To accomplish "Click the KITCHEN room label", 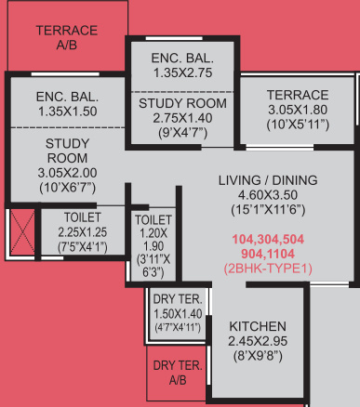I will [259, 326].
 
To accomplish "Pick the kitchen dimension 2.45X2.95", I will [259, 341].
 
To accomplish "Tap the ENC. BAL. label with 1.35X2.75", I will [183, 59].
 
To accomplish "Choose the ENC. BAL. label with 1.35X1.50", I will [67, 96].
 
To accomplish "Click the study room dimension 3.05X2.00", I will [67, 174].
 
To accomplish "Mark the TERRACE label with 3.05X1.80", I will [298, 95].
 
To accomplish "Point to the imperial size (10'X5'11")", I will [298, 125].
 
